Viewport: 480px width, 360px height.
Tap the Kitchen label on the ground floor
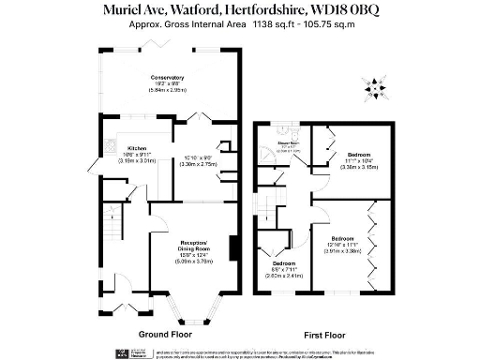137,148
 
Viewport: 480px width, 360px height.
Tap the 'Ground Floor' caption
166,333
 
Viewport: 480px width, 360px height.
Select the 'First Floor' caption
326,333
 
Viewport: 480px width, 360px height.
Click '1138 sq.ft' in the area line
270,27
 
